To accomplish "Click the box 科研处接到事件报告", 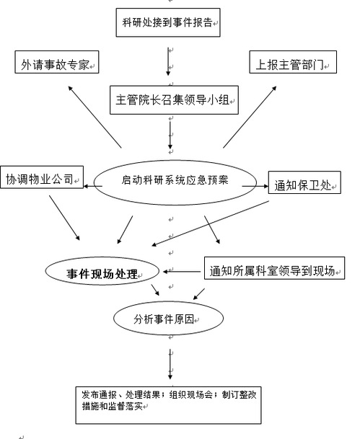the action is pos(168,22).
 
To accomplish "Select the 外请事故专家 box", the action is pos(57,62).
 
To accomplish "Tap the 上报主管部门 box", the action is pos(293,62).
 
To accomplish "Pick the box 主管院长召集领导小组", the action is pos(174,100).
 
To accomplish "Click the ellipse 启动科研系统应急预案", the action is pos(175,182).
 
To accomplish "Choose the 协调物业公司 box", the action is pos(42,177).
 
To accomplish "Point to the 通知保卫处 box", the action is pos(304,182).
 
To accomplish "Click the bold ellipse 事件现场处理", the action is pos(102,271).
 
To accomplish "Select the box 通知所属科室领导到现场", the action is pos(274,268).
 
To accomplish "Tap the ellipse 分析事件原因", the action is pos(168,319).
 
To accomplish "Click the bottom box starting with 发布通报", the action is pos(168,405).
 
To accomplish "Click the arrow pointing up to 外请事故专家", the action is pos(95,117).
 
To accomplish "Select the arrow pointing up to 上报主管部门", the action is pos(250,117).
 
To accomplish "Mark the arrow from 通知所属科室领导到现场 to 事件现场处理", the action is pos(182,271).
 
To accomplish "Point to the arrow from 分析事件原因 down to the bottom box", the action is pos(170,364).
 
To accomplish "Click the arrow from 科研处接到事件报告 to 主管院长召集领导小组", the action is pos(168,61).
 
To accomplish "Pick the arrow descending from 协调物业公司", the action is pos(64,218).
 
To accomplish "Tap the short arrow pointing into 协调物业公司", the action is pos(93,186).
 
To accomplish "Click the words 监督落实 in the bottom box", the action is pos(131,406).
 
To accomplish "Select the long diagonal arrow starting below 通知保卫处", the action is pos(211,223).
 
